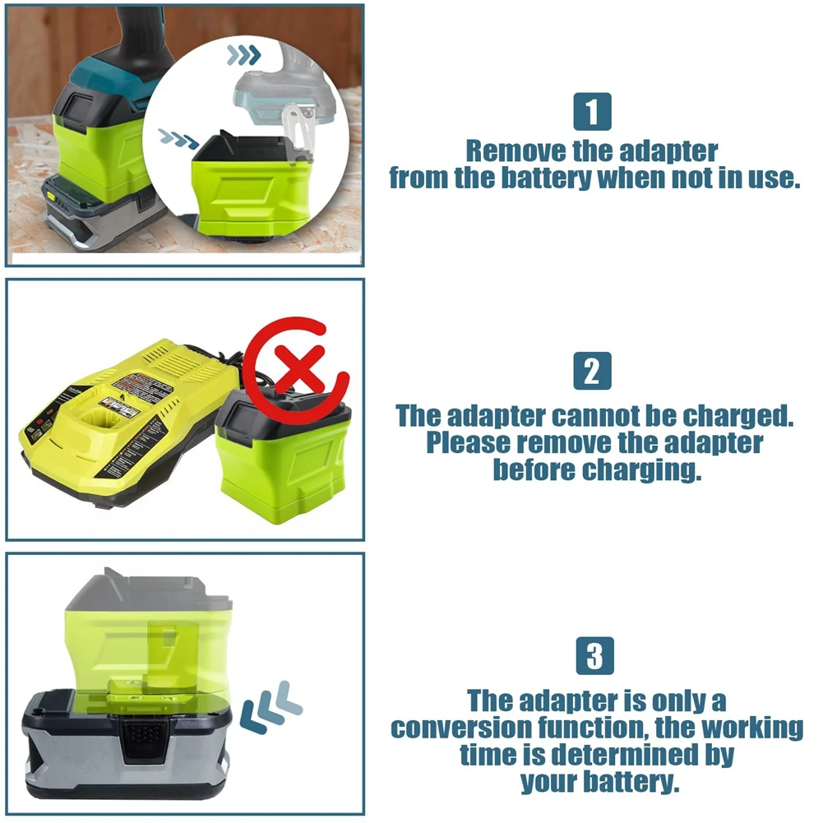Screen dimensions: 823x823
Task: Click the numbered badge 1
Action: (x=592, y=111)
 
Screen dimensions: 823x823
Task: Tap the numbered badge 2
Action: (x=592, y=371)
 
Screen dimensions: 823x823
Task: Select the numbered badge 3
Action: (x=594, y=655)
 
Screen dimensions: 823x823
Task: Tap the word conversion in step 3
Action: (x=461, y=728)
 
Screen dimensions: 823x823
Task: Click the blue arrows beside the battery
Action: (x=270, y=706)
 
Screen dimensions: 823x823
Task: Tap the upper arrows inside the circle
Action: (x=243, y=54)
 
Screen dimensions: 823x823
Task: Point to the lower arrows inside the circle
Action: (x=178, y=139)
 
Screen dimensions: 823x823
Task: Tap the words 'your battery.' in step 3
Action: (x=600, y=782)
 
